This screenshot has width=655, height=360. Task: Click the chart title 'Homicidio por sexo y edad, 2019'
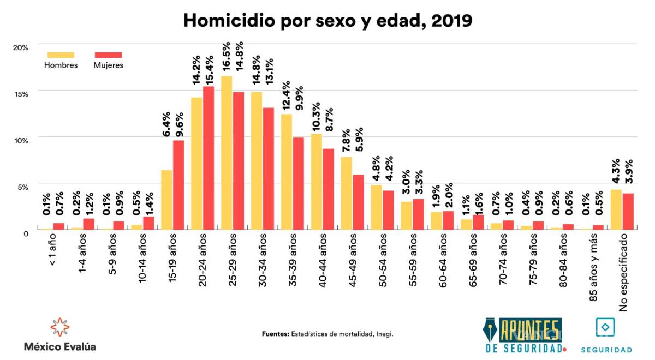pos(327,20)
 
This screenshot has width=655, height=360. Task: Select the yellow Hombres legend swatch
pos(61,55)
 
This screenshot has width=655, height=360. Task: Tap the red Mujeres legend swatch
pos(108,55)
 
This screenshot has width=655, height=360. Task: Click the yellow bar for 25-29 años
pos(227,153)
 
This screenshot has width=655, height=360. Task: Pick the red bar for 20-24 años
pos(208,158)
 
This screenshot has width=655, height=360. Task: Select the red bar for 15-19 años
pos(178,185)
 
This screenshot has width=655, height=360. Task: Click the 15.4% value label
pos(209,69)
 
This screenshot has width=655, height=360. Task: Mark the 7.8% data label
pos(346,141)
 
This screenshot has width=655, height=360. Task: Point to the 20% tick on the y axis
pos(21,47)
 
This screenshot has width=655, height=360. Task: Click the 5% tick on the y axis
pos(22,187)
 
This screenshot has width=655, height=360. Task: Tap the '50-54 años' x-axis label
pos(382,259)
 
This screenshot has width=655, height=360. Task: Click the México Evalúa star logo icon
pos(59,327)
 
